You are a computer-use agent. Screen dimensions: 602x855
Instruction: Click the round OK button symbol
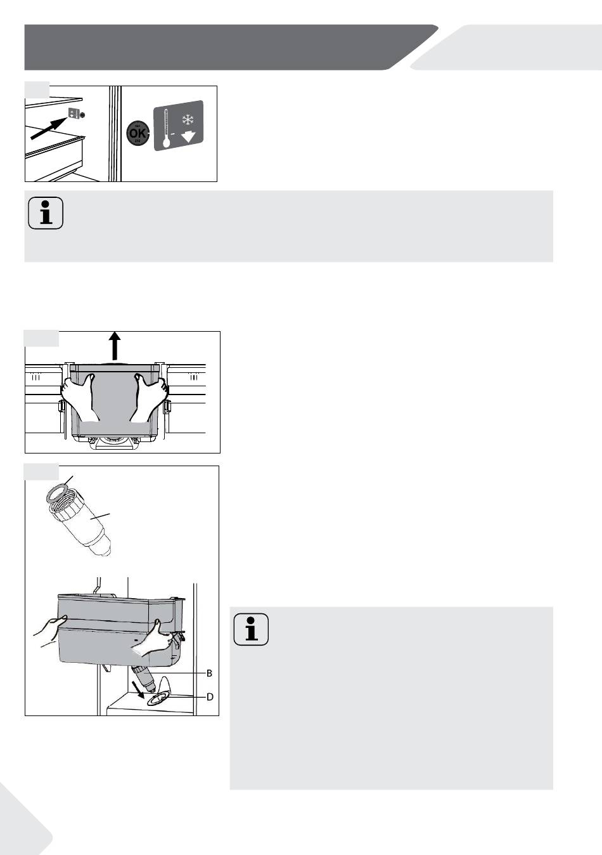(x=138, y=134)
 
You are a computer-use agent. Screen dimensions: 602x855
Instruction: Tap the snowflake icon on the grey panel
(x=187, y=121)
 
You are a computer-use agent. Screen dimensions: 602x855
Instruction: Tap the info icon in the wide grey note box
(x=46, y=213)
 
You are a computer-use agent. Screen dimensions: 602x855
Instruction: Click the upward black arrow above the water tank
(x=114, y=346)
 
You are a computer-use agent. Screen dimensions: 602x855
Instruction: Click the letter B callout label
(x=208, y=672)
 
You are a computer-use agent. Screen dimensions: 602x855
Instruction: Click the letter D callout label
(x=210, y=696)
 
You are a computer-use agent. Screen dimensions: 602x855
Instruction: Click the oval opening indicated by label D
(x=158, y=698)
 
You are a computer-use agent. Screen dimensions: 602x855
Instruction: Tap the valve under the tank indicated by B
(x=145, y=678)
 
